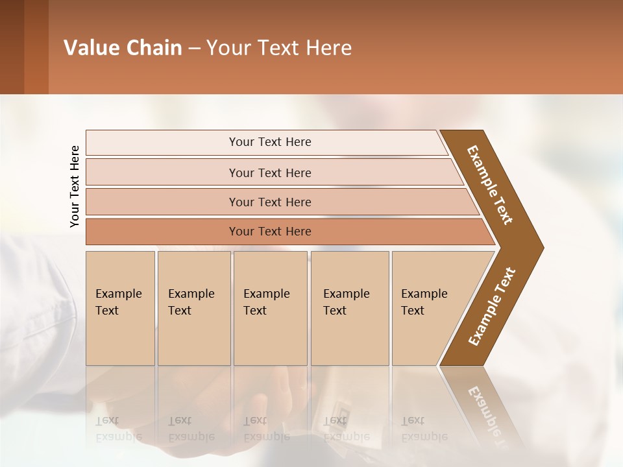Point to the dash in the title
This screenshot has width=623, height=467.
coord(194,49)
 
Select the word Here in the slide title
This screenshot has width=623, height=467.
coord(328,48)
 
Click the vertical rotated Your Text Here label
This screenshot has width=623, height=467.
coord(75,187)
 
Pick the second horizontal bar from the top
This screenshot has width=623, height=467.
coord(269,173)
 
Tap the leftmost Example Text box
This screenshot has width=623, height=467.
coord(120,308)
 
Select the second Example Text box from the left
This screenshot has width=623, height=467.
coord(194,308)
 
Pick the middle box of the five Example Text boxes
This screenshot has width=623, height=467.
coord(270,308)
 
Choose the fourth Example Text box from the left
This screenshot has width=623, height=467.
coord(350,308)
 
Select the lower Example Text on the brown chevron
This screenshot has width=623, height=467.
coord(492,307)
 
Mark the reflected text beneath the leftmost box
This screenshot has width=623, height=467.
coord(118,429)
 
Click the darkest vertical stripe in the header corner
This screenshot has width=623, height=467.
coord(12,47)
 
